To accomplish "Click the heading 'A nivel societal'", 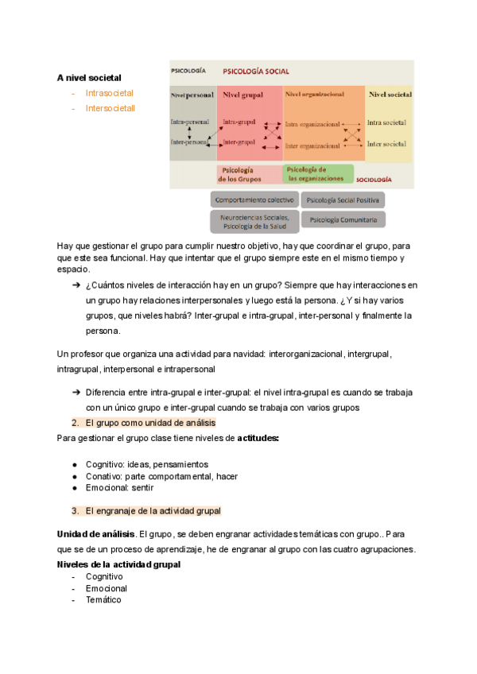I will [89, 78].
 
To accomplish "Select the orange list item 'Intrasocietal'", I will [110, 93].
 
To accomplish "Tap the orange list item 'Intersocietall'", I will [111, 108].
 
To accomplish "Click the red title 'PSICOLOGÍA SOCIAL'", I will [255, 71].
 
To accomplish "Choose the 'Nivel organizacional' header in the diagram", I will [314, 94].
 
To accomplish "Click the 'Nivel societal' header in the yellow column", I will [390, 95].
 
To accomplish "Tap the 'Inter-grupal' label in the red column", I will [238, 141].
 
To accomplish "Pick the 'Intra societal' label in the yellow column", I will [386, 123].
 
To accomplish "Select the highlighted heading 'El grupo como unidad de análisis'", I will [149, 423].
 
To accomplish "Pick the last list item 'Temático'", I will [103, 600].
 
